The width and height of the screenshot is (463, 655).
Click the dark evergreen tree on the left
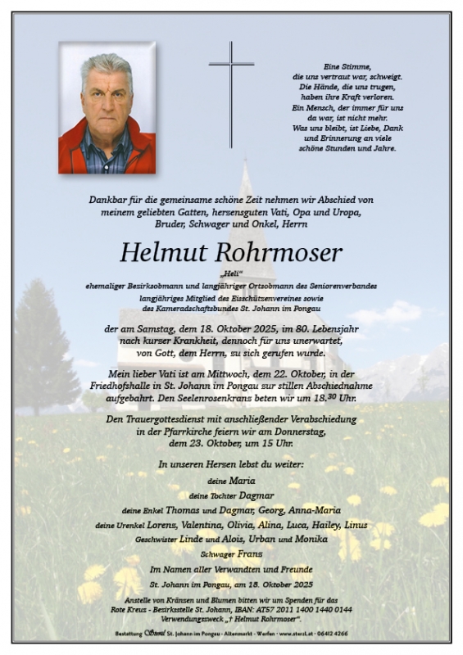pyautogui.click(x=44, y=344)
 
